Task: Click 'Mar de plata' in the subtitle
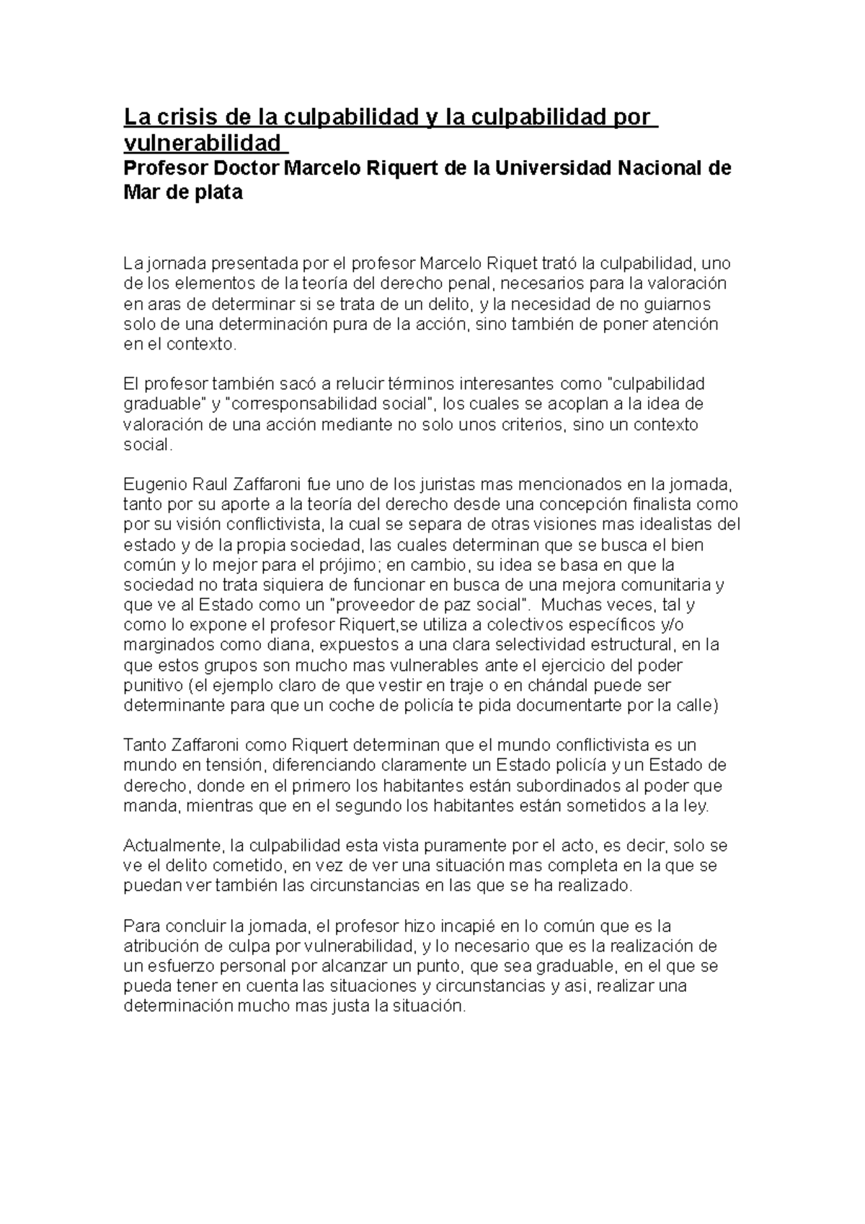(x=183, y=193)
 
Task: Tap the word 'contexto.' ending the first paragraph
(x=201, y=345)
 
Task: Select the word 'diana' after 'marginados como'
(x=292, y=644)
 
